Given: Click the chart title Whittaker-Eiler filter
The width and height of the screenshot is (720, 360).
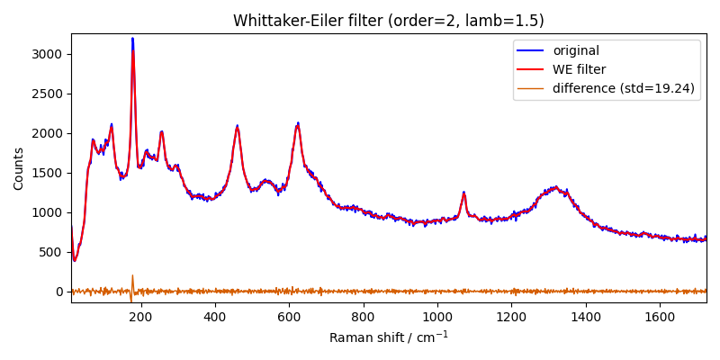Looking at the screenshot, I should point(389,21).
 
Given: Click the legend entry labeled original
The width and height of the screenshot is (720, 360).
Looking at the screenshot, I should point(575,51).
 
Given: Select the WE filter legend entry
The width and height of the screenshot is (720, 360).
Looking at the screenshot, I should point(579,69).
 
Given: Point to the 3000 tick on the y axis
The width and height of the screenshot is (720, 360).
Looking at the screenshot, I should point(47,54).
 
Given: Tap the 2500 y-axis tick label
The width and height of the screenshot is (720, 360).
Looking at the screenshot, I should point(47,94).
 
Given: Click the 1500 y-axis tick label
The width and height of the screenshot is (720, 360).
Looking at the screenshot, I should point(47,173).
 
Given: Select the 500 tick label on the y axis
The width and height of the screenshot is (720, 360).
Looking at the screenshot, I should point(50,252).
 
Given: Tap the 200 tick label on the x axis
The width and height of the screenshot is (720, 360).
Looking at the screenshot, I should point(140,317).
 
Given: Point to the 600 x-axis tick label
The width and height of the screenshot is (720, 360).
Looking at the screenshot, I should point(289,317).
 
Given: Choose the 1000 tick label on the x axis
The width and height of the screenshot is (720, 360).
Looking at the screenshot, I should point(437,317).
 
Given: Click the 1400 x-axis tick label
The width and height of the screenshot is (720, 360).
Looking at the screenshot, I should point(586,317).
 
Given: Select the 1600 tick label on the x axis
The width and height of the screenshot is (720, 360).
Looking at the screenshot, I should point(660,317).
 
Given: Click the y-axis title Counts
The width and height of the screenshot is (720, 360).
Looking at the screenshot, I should point(19,168).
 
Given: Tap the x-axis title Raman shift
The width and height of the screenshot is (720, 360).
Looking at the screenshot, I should point(389,337).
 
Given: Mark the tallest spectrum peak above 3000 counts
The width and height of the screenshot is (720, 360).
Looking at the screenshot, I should point(132,39).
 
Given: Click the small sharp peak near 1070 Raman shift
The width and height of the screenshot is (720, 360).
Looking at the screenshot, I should point(463,193).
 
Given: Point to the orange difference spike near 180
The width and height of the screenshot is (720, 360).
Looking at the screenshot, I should point(132,276).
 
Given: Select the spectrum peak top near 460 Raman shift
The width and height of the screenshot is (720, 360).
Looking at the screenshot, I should point(237,127).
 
